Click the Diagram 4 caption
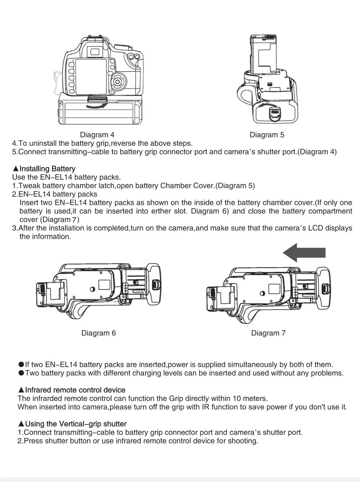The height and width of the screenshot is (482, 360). click(97, 135)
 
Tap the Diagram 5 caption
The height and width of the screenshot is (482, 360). click(267, 135)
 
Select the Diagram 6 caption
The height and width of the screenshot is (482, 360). click(99, 333)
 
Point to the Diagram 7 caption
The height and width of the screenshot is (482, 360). click(268, 333)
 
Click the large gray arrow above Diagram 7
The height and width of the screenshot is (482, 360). click(304, 253)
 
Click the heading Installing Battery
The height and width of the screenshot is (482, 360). click(47, 169)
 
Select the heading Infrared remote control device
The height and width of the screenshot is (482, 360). click(75, 390)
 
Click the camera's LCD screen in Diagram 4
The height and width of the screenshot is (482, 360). click(91, 76)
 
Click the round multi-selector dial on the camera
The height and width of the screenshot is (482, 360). click(117, 82)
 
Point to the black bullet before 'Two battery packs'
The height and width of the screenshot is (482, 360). click(21, 373)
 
